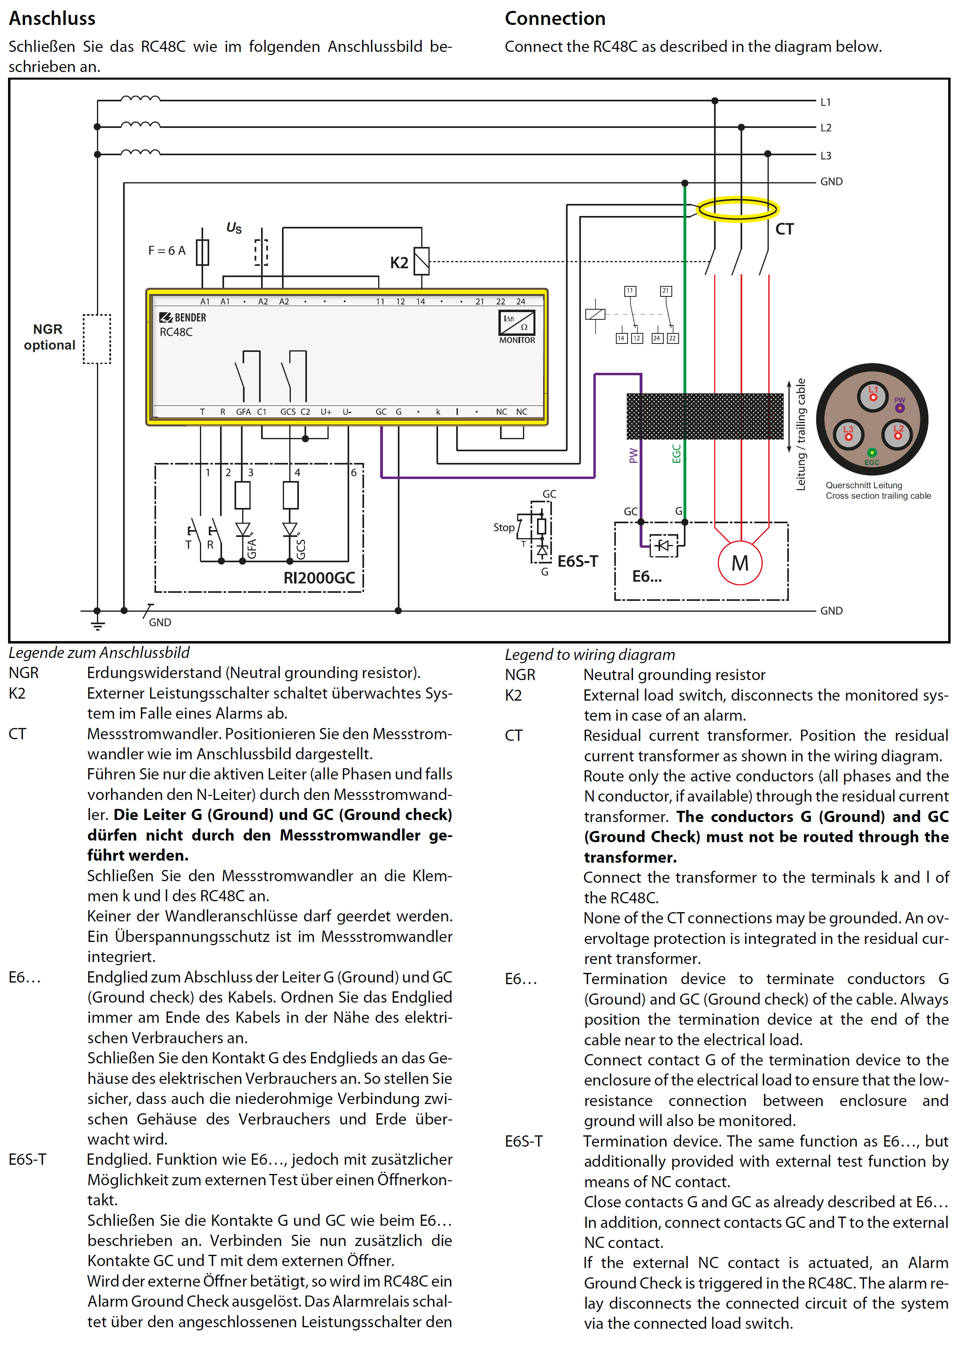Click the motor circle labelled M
[739, 563]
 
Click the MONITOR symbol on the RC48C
[517, 327]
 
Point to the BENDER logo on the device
[183, 318]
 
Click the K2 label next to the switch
[399, 263]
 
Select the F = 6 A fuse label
[167, 251]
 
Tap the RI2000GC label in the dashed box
[319, 578]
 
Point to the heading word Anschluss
[52, 19]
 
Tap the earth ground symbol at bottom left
[98, 624]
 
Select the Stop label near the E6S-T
[504, 528]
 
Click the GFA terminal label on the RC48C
[243, 412]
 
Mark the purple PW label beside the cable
[633, 455]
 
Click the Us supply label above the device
[234, 228]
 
